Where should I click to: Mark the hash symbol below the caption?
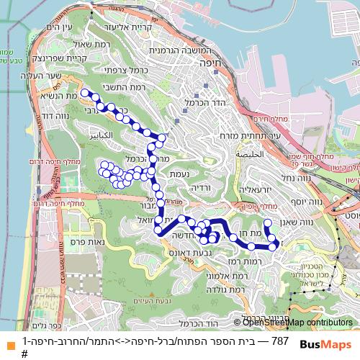(24, 354)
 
